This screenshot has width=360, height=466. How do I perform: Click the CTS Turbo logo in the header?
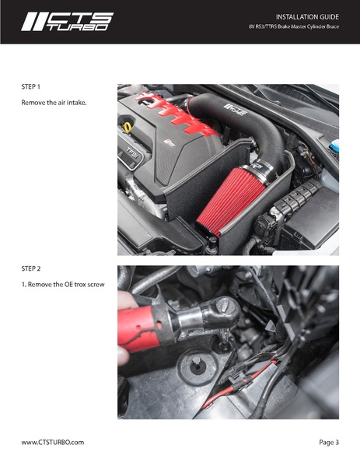coord(67,22)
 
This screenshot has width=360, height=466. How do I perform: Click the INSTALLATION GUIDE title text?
coord(307,17)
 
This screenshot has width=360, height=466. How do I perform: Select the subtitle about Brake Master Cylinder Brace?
coord(294,26)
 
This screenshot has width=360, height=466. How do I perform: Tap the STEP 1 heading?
coord(30,87)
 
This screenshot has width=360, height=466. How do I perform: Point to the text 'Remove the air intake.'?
coord(54,103)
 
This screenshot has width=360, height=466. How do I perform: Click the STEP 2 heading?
coord(31,268)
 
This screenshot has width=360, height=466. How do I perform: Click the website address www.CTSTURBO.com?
coord(53,442)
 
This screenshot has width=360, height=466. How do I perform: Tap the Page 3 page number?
coord(329,442)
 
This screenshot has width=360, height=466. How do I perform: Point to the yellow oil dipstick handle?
coord(128,128)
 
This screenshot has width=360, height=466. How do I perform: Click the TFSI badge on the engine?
coord(131,154)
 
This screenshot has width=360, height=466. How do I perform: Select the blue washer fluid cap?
coord(334,147)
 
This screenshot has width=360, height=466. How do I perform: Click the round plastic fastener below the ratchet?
coord(197,365)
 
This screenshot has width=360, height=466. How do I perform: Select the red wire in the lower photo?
coord(235,384)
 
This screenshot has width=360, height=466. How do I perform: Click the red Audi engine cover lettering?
coord(175,112)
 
